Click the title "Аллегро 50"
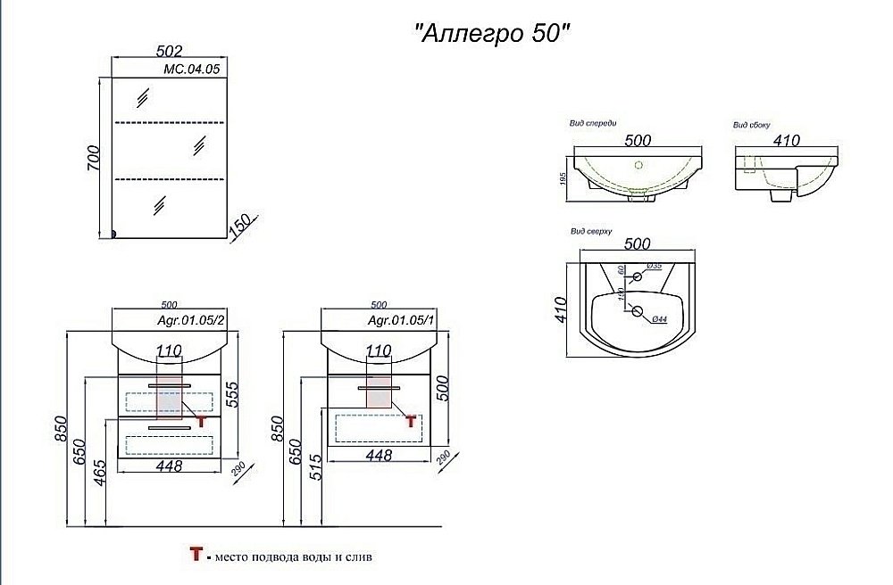[x=490, y=33]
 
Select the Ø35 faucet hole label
[x=654, y=267]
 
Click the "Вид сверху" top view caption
[x=590, y=232]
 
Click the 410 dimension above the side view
[x=785, y=140]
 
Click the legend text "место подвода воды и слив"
[x=291, y=557]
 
